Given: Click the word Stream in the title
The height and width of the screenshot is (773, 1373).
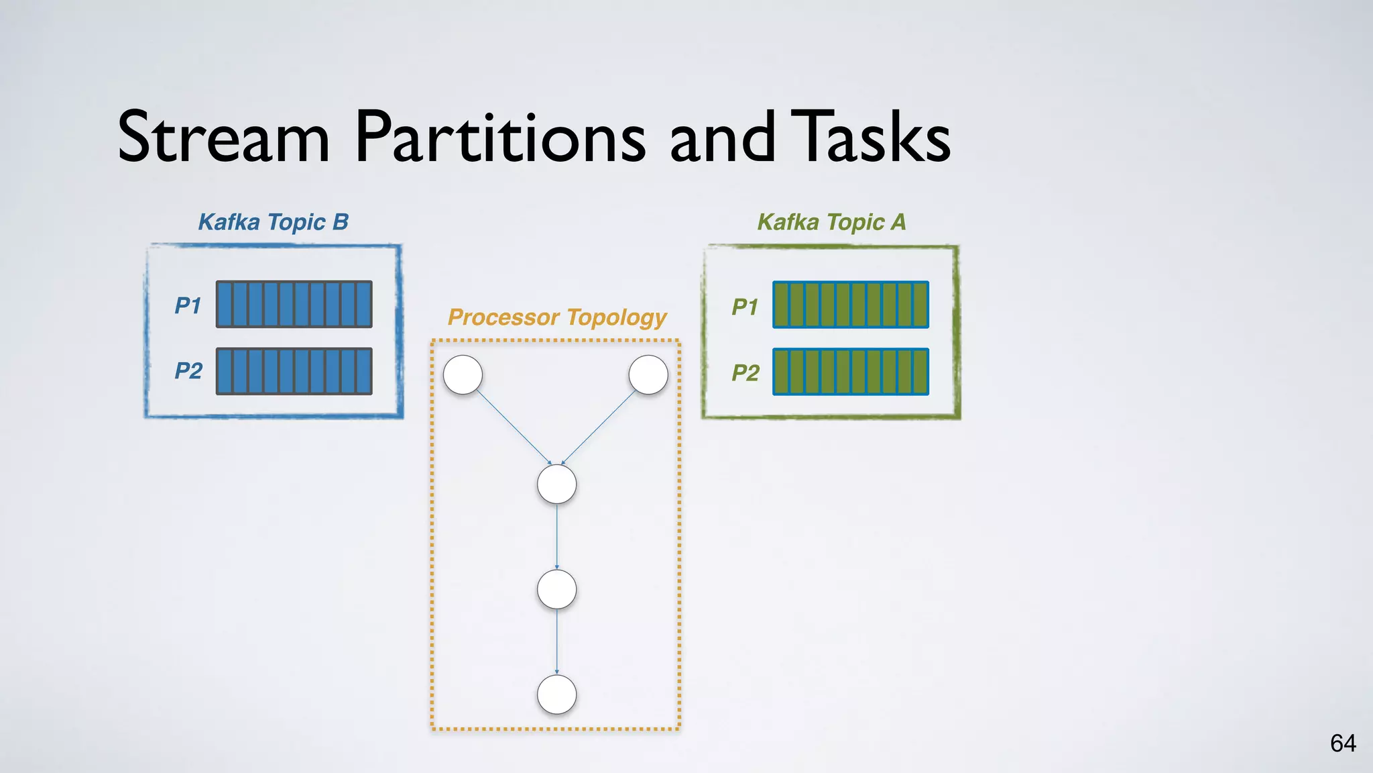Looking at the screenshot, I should [223, 137].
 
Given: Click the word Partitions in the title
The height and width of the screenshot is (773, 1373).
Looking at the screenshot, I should [499, 137].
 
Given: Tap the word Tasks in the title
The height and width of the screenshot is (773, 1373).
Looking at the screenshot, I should [870, 137].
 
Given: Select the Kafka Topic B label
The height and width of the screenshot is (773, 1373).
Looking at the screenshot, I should [274, 222].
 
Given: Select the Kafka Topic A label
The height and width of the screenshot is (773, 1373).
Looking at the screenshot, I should [831, 222].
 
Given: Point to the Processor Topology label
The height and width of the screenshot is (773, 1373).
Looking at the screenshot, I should [557, 317].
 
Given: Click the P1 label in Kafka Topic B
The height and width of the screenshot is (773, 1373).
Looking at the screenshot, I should [188, 306].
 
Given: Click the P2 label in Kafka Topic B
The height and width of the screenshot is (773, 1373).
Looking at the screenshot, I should [188, 371].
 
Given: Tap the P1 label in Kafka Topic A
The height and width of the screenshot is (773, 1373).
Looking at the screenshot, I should [745, 307].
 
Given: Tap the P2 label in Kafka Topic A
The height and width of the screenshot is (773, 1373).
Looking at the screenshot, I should [745, 373].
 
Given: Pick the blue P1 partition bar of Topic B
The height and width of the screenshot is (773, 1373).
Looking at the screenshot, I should [294, 305].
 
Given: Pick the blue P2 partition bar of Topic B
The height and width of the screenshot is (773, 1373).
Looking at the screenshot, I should [294, 371].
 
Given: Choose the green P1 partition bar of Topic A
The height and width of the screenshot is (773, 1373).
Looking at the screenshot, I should [851, 305].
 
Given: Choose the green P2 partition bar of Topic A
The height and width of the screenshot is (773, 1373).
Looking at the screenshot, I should [851, 372].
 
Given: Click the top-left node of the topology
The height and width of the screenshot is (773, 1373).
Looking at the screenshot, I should [463, 374].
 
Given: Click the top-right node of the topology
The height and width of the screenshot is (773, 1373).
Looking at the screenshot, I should [648, 374].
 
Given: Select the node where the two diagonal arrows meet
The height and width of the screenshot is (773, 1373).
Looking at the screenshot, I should [556, 484].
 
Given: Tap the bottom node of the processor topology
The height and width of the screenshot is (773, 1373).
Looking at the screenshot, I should [556, 694].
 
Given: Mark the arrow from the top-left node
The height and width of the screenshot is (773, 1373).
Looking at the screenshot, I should [513, 427].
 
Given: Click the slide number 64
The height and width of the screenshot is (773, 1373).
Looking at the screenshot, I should [1343, 743].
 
